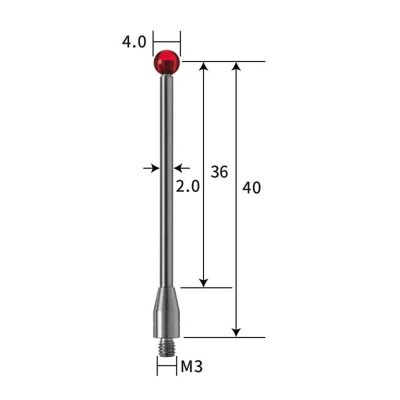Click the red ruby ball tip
pos(166,62)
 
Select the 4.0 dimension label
pos(134,42)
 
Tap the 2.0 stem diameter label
pos(187,186)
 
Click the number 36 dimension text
pos(219,172)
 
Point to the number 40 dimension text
pos(251,188)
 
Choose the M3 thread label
pos(191,367)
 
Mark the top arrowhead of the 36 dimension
pos(203,66)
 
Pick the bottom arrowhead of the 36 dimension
pos(203,282)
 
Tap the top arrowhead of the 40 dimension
pos(236,66)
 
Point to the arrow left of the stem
pos(151,168)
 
